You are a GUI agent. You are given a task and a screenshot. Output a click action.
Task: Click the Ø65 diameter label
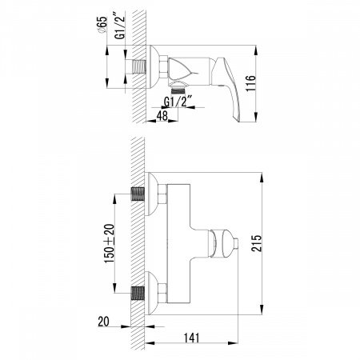click(102, 26)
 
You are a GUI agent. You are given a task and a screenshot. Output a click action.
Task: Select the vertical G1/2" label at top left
click(120, 26)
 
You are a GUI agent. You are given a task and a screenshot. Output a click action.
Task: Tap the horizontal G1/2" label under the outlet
click(178, 102)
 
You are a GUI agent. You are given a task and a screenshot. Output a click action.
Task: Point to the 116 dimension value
click(250, 83)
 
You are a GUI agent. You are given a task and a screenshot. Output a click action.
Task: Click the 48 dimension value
click(162, 115)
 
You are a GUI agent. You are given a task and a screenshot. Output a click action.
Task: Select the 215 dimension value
click(257, 243)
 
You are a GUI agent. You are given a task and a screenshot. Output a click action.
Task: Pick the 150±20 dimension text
click(110, 243)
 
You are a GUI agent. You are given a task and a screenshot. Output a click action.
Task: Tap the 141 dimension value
click(192, 338)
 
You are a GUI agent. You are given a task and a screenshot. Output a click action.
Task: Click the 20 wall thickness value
click(103, 322)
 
